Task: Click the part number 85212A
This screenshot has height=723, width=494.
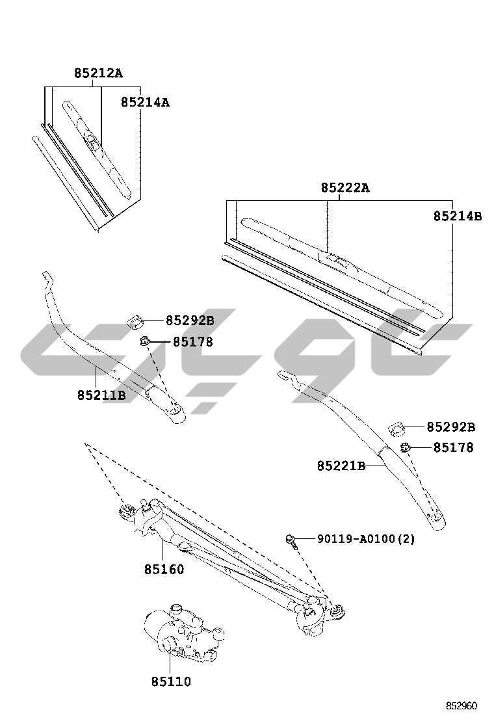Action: (97, 73)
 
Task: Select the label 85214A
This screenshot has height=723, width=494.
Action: (145, 102)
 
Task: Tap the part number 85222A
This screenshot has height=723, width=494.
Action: (344, 188)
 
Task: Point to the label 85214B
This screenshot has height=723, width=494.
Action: (458, 217)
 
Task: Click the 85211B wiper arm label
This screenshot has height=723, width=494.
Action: (101, 395)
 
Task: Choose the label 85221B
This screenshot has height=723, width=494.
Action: (341, 466)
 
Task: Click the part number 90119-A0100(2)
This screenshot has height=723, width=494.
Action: (366, 539)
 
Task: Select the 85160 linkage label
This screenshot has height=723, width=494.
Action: (164, 570)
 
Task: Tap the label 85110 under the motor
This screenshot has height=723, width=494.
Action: (171, 681)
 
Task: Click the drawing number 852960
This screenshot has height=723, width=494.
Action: (461, 705)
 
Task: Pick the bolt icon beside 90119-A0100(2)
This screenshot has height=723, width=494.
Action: (291, 540)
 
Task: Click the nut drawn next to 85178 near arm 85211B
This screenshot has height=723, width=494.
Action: (146, 341)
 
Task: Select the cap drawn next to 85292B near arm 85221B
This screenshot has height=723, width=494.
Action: (397, 428)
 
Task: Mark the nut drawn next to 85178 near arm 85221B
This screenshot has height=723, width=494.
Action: (406, 447)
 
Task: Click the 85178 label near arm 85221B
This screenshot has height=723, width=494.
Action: (454, 447)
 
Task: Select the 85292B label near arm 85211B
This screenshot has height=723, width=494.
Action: (190, 320)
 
